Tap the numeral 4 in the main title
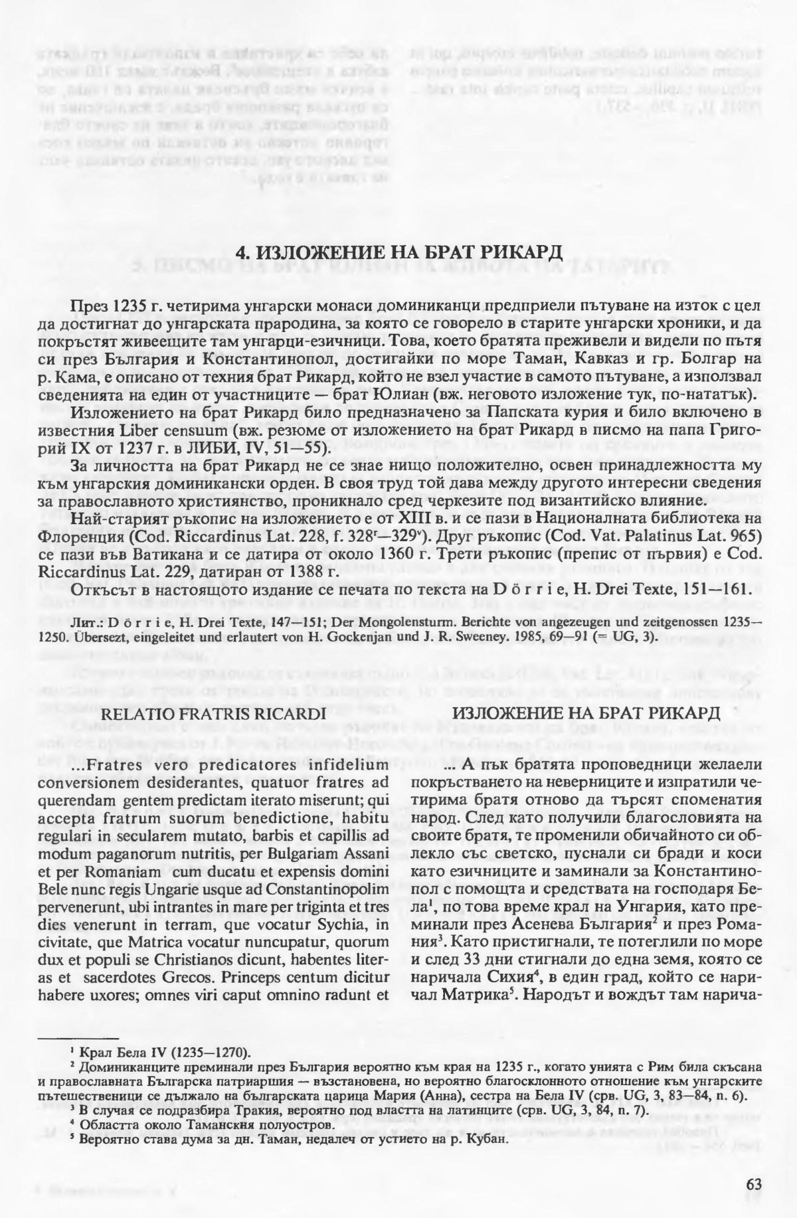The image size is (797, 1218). tap(243, 253)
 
